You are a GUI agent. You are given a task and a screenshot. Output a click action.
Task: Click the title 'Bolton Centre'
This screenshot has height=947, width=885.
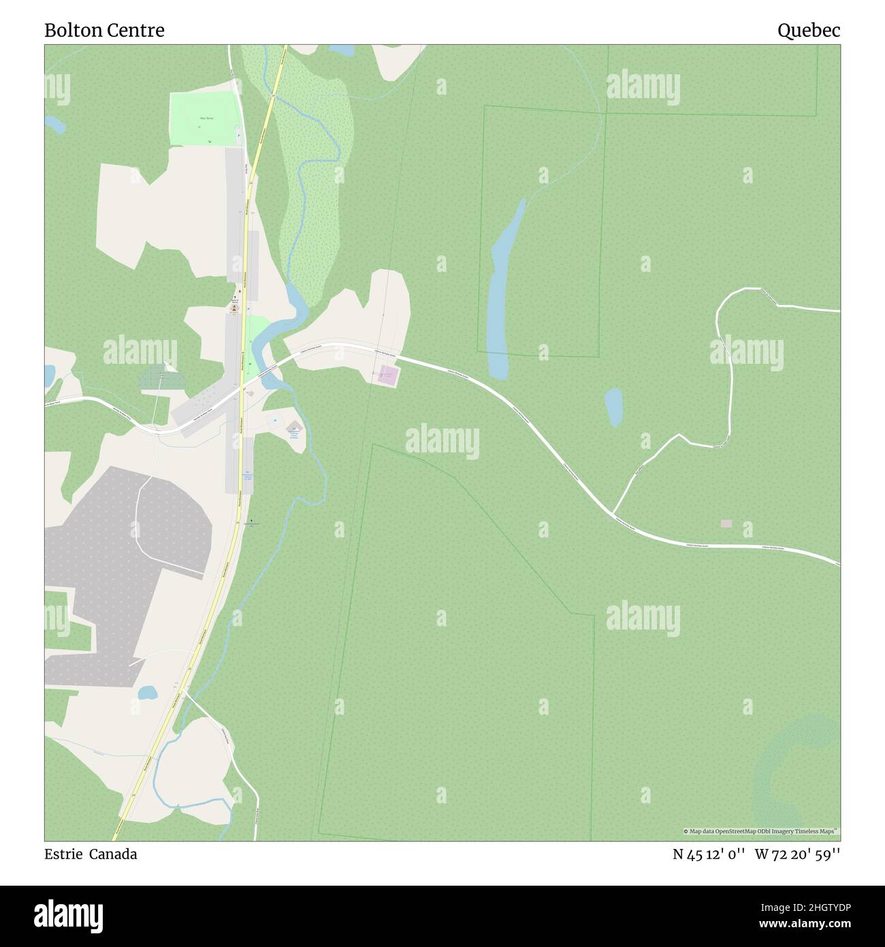click(x=104, y=31)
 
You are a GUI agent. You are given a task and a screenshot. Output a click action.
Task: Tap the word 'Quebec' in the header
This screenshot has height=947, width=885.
click(x=809, y=31)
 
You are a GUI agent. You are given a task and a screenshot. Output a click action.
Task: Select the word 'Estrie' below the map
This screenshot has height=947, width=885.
click(x=62, y=854)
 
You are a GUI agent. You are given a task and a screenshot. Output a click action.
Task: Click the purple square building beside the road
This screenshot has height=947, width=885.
click(x=388, y=375)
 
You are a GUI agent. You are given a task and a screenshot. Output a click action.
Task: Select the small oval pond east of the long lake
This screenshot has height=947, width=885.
click(x=614, y=407)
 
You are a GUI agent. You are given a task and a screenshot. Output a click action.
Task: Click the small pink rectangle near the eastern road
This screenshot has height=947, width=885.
click(x=726, y=523)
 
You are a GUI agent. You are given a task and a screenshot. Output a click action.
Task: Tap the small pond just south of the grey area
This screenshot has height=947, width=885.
click(x=147, y=693)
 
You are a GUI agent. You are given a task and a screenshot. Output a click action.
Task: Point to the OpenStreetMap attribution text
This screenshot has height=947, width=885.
click(x=760, y=831)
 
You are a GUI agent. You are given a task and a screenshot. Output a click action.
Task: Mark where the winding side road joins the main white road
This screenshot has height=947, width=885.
click(x=612, y=513)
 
